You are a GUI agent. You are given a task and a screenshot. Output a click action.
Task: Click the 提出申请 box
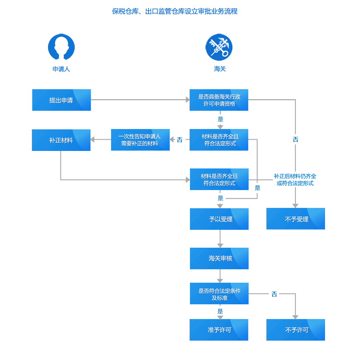(61, 100)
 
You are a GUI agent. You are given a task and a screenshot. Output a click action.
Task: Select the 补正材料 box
(61, 140)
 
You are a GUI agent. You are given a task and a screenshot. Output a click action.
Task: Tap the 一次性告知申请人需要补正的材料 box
(140, 140)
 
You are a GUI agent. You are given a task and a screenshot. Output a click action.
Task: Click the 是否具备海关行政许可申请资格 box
(219, 100)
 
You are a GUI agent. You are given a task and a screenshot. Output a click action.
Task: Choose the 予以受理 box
(219, 219)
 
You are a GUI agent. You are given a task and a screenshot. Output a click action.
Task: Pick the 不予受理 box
(296, 219)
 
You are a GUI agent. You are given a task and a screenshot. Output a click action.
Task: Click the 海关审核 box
(219, 258)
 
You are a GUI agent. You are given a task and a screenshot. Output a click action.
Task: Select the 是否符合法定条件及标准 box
(219, 293)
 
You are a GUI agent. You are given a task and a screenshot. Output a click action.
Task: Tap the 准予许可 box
(219, 330)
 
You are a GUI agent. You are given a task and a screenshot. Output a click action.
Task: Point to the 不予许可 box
(296, 330)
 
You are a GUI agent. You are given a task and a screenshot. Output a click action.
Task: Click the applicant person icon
(61, 47)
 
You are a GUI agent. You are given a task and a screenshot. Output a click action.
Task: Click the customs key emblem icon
(219, 47)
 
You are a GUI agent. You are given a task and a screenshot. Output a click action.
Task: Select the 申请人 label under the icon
(61, 69)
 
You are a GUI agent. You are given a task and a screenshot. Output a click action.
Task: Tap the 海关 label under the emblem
(220, 69)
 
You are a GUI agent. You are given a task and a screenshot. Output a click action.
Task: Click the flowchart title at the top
(175, 11)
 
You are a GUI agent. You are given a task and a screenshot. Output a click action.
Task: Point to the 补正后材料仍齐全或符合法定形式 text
(295, 180)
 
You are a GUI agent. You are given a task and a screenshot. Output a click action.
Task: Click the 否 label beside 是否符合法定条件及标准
(274, 294)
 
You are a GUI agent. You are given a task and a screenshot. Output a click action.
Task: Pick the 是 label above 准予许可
(220, 311)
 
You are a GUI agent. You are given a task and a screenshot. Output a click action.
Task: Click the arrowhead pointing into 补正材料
(92, 140)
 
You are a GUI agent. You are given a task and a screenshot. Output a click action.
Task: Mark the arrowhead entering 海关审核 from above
(220, 246)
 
